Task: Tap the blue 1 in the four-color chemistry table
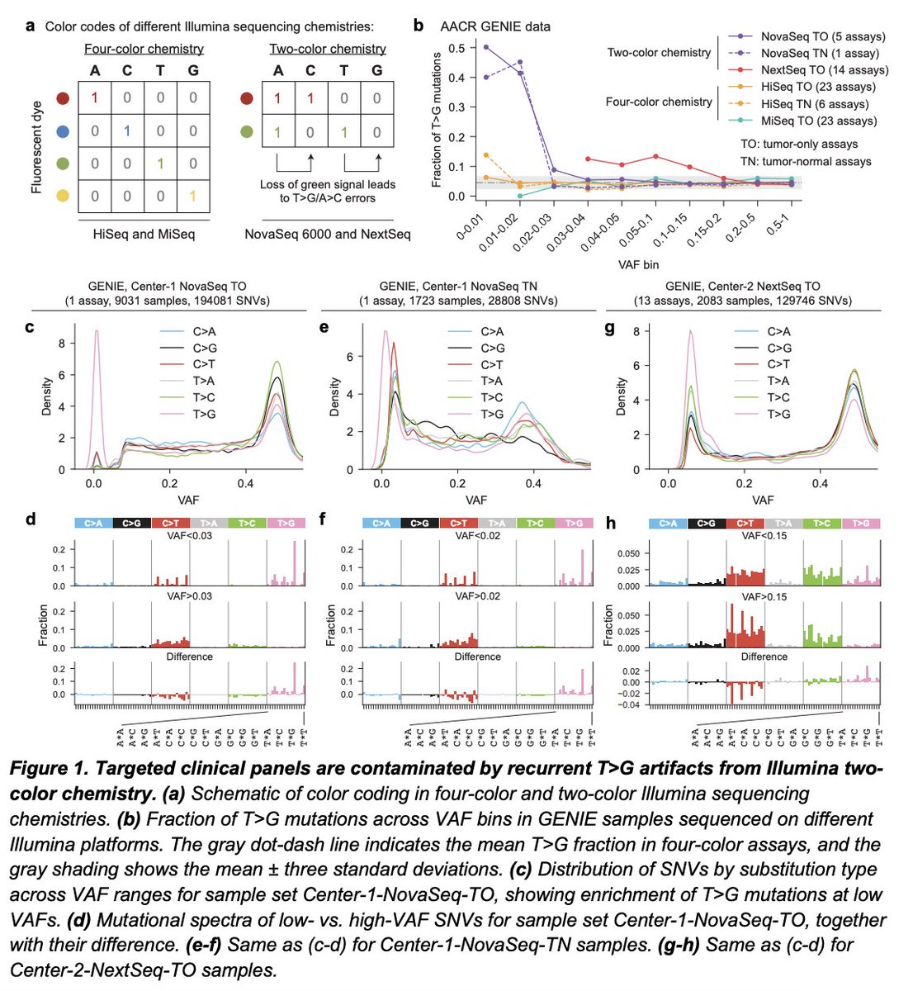[x=127, y=130]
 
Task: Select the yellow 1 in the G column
[x=193, y=197]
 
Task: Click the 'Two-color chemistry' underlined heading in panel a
[x=328, y=49]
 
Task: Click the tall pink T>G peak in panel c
[x=97, y=332]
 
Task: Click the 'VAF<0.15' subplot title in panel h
[x=764, y=536]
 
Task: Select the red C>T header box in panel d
[x=170, y=523]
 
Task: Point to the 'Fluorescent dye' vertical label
[x=36, y=147]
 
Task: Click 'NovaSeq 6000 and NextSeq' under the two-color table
[x=327, y=234]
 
